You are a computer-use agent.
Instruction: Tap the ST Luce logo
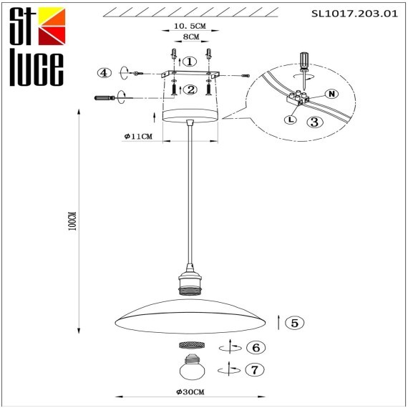coord(36,47)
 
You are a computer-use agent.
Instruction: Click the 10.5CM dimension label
coord(190,26)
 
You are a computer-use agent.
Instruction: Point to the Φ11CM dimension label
coord(139,136)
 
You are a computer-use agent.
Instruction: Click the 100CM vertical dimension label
coord(70,223)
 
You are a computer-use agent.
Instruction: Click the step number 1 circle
coord(189,62)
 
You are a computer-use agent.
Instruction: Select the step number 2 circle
coord(190,89)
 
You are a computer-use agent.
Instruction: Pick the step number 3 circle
coord(314,122)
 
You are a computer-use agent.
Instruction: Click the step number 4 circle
coord(105,72)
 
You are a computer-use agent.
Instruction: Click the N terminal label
coord(330,94)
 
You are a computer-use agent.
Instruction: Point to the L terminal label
coord(290,120)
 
